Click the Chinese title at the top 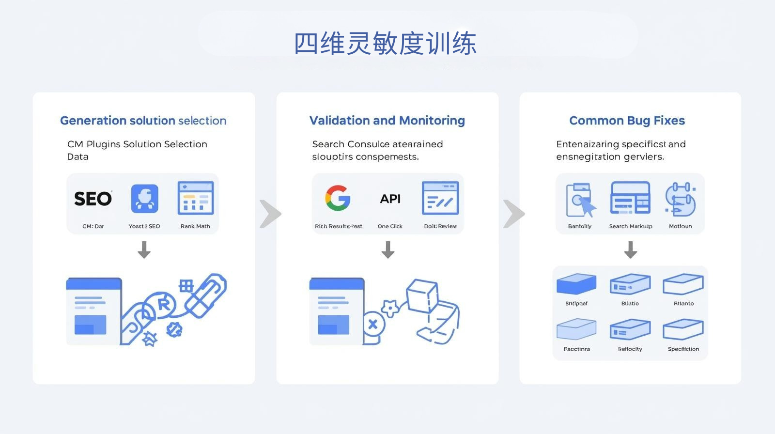pos(385,44)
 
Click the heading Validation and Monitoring pos(387,121)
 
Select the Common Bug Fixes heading pos(627,121)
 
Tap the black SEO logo pos(93,199)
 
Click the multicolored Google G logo pos(338,198)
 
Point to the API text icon pos(390,199)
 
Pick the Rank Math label pos(195,226)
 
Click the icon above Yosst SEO pos(144,199)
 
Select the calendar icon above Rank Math pos(196,198)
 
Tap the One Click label pos(390,226)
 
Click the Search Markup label pos(631,226)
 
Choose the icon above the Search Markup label pos(630,198)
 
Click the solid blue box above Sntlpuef pos(576,284)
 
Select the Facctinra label pos(576,349)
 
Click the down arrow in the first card pos(144,250)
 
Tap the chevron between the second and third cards pos(513,214)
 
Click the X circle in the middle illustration pos(373,324)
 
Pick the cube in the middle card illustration pos(422,295)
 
